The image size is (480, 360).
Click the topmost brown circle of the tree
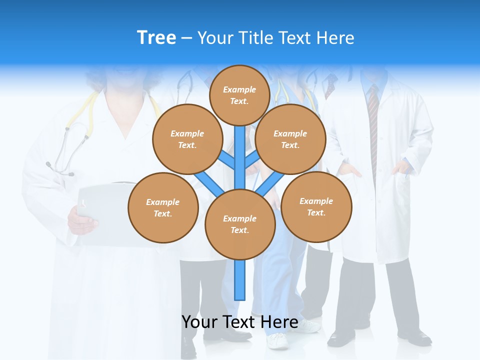pyautogui.click(x=239, y=95)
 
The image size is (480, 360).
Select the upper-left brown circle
pyautogui.click(x=187, y=139)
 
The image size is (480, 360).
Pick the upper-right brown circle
pyautogui.click(x=290, y=139)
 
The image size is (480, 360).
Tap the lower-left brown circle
pyautogui.click(x=163, y=207)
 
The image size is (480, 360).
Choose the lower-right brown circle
pyautogui.click(x=316, y=206)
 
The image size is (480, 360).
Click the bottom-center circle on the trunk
pyautogui.click(x=240, y=224)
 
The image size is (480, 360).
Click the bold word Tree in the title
pyautogui.click(x=156, y=37)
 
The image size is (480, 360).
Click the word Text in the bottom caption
pyautogui.click(x=238, y=322)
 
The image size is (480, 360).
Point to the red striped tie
pyautogui.click(x=373, y=125)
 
